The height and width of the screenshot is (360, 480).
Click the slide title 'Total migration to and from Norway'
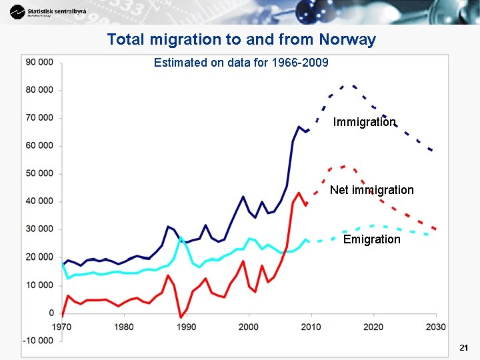click(241, 39)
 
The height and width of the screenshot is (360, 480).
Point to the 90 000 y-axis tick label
click(40, 62)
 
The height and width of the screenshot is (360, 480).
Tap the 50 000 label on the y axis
click(40, 173)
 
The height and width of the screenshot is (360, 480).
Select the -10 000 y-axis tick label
click(39, 341)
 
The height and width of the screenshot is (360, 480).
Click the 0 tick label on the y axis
click(51, 313)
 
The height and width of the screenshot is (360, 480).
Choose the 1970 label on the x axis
click(62, 327)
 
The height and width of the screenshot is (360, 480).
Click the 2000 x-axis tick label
click(249, 327)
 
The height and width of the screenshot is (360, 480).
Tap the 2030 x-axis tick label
click(435, 327)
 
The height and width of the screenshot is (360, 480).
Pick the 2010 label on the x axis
click(311, 327)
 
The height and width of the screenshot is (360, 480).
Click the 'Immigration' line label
click(364, 122)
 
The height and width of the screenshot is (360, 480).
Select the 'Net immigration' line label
click(371, 190)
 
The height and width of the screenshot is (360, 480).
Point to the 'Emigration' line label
click(371, 239)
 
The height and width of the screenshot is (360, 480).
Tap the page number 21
click(464, 348)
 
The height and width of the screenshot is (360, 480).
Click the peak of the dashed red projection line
click(343, 166)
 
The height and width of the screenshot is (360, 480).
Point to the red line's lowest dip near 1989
click(181, 317)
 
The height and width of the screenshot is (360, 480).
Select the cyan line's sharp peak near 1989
click(181, 237)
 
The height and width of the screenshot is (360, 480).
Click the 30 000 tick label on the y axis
click(40, 229)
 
